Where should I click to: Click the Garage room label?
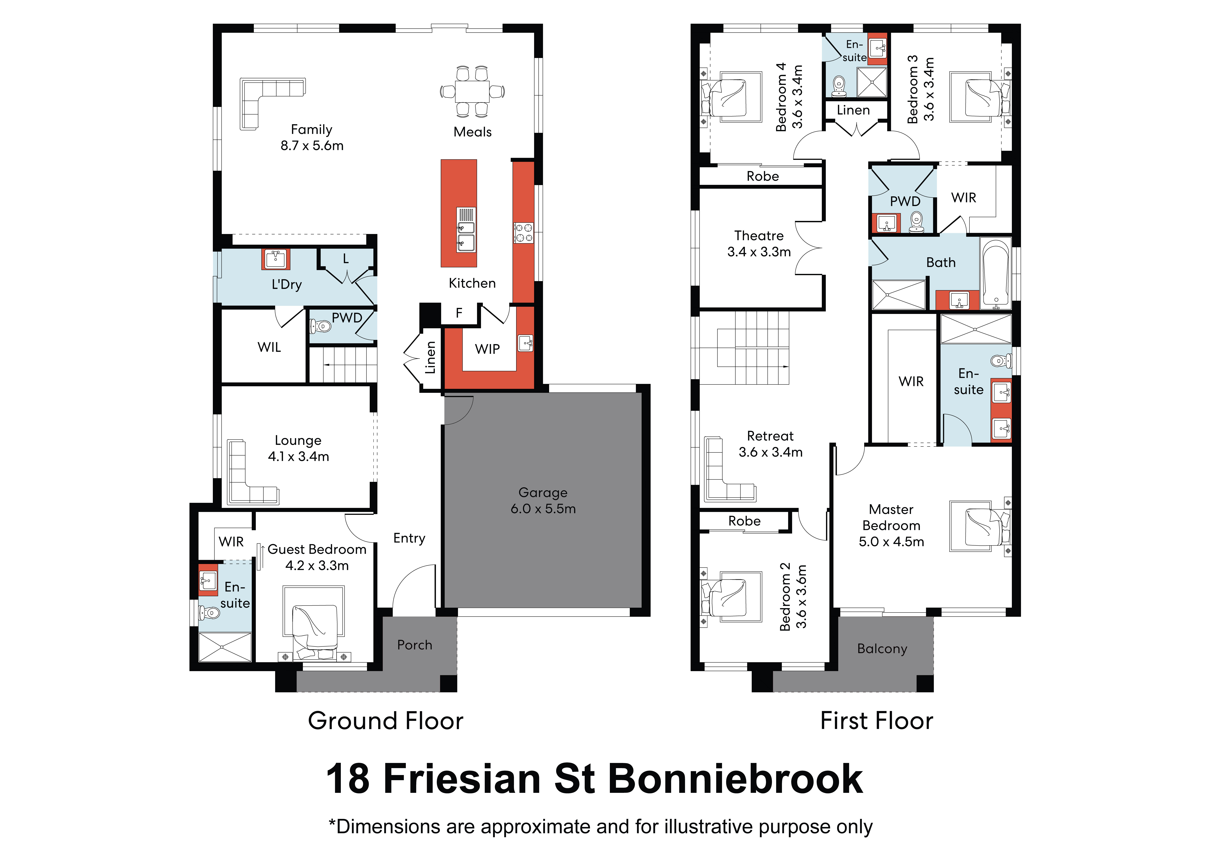(543, 492)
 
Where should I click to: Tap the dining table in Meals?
(472, 91)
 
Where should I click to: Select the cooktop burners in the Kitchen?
(523, 233)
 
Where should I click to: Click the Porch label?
(415, 645)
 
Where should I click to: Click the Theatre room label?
(759, 236)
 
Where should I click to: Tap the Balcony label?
(882, 649)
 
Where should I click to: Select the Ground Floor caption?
(386, 721)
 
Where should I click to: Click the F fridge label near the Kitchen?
(459, 313)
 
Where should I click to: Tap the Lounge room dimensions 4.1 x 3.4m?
(299, 457)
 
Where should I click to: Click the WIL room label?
(269, 347)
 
